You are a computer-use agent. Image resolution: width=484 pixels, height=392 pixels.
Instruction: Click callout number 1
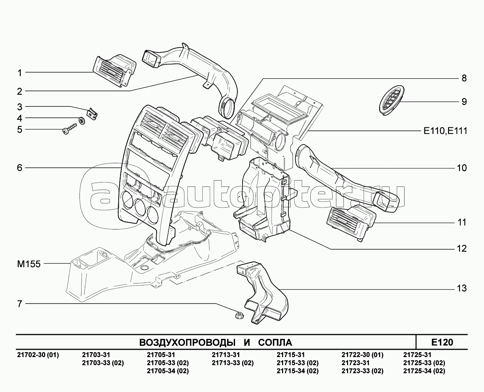tap(20, 73)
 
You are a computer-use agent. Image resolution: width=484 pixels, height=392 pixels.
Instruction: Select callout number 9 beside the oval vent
tap(464, 102)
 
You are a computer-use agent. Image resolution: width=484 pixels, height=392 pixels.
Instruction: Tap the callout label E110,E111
tap(445, 131)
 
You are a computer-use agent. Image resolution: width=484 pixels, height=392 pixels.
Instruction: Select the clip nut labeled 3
tap(92, 114)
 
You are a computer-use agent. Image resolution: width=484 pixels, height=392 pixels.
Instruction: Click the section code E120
tap(442, 342)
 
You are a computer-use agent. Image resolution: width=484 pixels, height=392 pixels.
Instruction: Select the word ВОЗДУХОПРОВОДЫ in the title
tap(187, 343)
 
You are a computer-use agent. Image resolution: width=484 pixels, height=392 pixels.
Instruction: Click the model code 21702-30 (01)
tap(38, 355)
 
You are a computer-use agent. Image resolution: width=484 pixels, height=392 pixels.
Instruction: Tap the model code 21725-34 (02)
tap(424, 371)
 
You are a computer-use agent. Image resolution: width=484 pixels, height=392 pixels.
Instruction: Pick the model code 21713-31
tap(226, 355)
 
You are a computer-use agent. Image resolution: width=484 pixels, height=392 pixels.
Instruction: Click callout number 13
tap(461, 288)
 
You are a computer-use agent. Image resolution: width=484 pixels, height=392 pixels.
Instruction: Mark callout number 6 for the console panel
tap(20, 168)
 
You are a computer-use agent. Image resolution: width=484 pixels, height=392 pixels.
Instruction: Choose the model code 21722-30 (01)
tap(362, 355)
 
